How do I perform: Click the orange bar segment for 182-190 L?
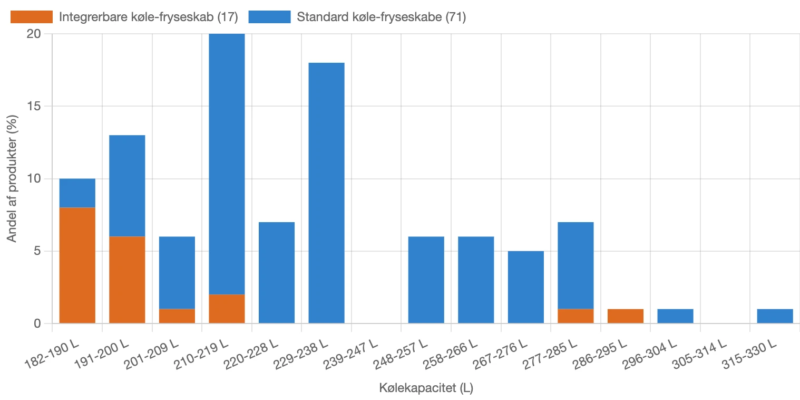coord(77,265)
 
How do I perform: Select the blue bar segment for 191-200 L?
coord(127,186)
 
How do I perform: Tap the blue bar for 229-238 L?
coord(326,193)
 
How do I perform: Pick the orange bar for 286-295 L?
coord(625,316)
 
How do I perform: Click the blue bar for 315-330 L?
coord(775,316)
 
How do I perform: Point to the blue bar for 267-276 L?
coord(525,287)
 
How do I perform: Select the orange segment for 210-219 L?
coord(227,309)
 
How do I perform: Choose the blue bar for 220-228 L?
coord(277,272)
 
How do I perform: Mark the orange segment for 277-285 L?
coord(575,316)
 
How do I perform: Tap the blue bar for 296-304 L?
coord(675,316)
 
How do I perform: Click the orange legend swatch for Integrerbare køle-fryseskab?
coord(32,17)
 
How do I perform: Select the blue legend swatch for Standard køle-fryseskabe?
coord(269,17)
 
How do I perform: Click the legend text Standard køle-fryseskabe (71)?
coord(381,17)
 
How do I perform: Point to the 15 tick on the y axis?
coord(34,106)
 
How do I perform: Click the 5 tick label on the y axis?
coord(37,251)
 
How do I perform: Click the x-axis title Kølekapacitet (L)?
coord(426,389)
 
